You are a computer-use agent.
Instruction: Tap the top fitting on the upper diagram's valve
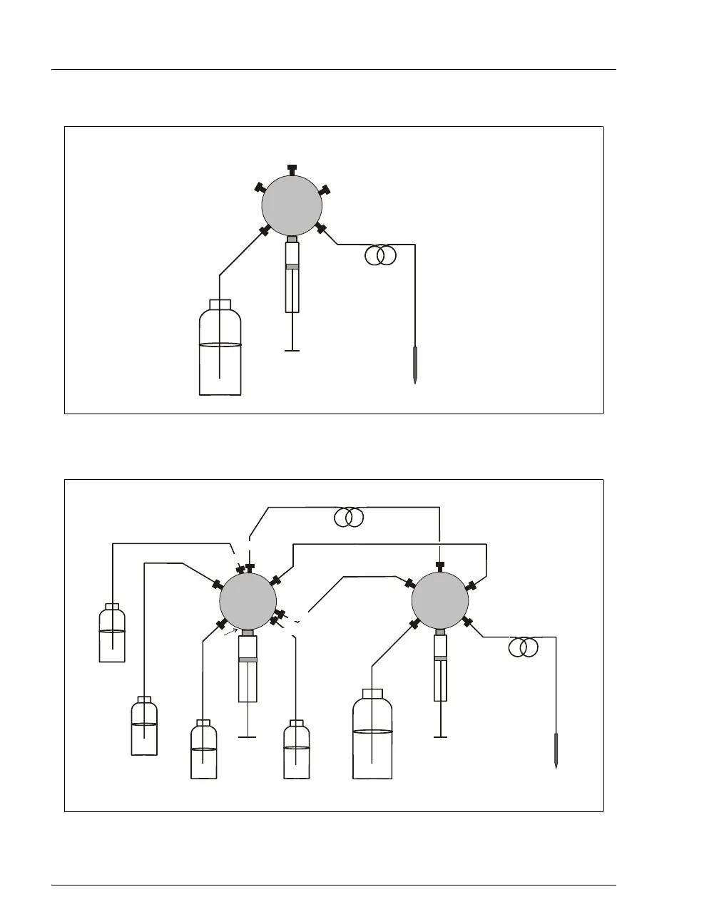tap(292, 169)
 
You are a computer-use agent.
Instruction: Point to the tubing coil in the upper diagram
tap(380, 255)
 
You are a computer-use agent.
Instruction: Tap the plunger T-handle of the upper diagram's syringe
tap(292, 349)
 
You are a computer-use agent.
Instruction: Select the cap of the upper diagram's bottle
tap(220, 304)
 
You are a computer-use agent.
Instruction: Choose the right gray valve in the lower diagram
tap(440, 600)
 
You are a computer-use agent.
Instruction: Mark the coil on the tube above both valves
tap(349, 518)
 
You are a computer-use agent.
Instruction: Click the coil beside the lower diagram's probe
tap(524, 647)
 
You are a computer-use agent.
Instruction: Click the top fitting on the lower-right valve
tap(440, 565)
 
